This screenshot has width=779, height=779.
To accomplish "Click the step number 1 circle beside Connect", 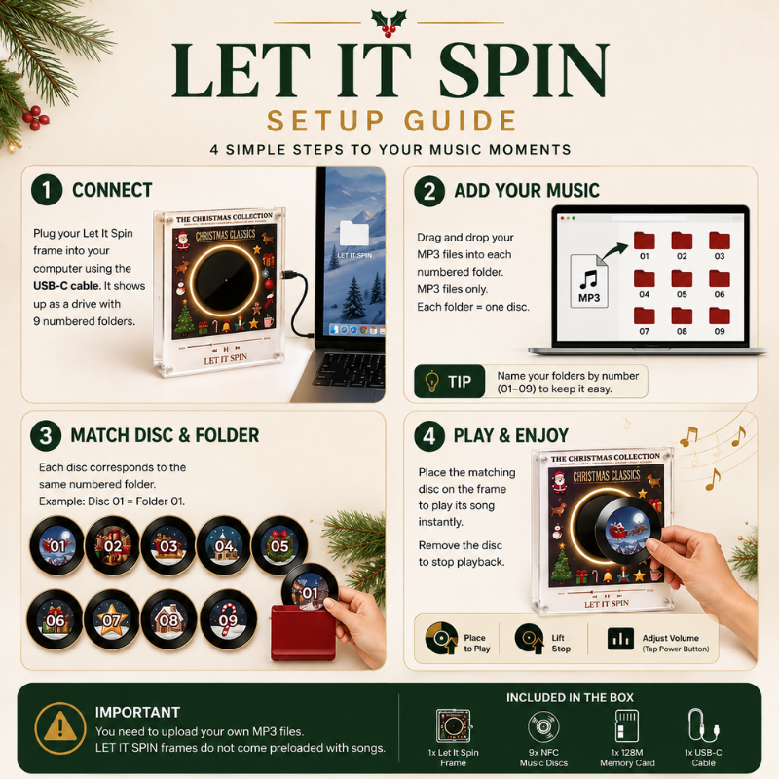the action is pyautogui.click(x=47, y=190).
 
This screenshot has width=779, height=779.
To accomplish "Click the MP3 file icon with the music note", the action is pyautogui.click(x=589, y=280).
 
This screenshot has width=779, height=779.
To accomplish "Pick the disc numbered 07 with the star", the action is pyautogui.click(x=112, y=619).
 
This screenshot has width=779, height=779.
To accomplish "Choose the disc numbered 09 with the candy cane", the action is pyautogui.click(x=228, y=619).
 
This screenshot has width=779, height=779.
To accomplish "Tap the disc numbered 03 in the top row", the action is pyautogui.click(x=168, y=545).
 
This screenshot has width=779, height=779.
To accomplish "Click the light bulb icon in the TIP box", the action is pyautogui.click(x=431, y=381).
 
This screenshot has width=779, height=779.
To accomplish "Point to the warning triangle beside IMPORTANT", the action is pyautogui.click(x=60, y=727).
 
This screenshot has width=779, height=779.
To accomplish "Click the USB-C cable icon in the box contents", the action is pyautogui.click(x=703, y=724).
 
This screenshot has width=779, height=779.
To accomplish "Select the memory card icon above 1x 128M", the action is pyautogui.click(x=627, y=725).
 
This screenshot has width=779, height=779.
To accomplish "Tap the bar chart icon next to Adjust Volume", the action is pyautogui.click(x=620, y=639).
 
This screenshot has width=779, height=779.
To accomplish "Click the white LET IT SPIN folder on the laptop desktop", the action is pyautogui.click(x=353, y=234).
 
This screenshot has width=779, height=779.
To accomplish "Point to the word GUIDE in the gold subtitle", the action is pyautogui.click(x=461, y=121).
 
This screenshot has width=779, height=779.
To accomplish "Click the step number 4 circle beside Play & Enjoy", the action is pyautogui.click(x=429, y=436).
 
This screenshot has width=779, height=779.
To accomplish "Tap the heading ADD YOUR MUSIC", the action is pyautogui.click(x=527, y=190).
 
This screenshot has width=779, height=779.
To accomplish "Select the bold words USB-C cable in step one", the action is pyautogui.click(x=66, y=286).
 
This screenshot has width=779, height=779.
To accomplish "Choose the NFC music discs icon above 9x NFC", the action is pyautogui.click(x=543, y=726).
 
